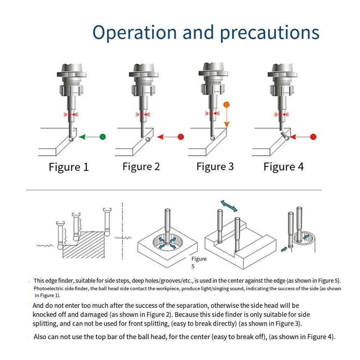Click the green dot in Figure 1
coord(102,137)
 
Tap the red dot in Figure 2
coord(181,137)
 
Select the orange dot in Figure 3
coord(226,105)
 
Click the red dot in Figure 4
coord(313,137)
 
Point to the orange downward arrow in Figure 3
coord(227,119)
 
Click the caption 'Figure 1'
coord(69,167)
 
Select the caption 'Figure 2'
coord(141,167)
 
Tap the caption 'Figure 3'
coord(215,167)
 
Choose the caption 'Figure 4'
coord(283,167)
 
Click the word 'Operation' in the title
coord(135,32)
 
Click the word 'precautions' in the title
coord(269,33)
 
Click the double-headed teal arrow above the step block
coord(229,206)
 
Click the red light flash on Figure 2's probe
coord(143,114)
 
